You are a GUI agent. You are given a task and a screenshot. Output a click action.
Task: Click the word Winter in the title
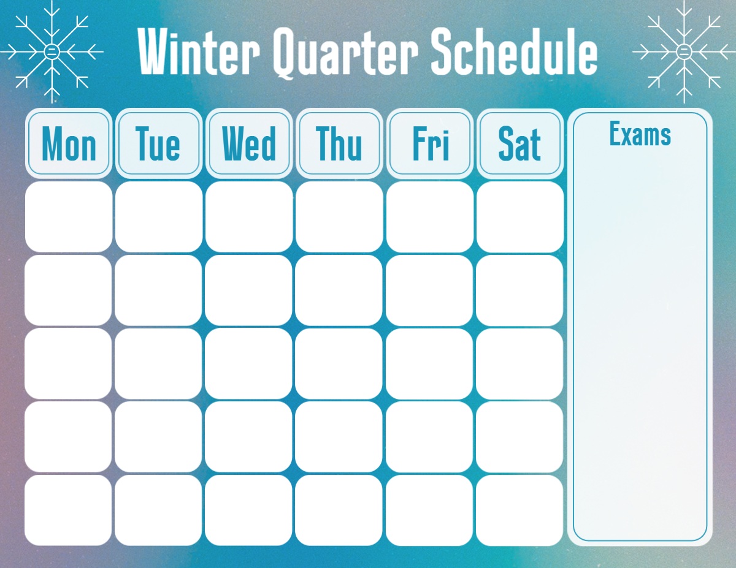tap(199, 51)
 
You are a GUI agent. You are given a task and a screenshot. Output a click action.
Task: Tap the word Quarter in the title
tap(345, 53)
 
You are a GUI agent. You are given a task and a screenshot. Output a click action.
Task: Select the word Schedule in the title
tap(514, 51)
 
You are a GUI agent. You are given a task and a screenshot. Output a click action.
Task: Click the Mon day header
tap(69, 143)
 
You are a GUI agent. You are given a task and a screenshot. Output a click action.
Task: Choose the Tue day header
tap(159, 143)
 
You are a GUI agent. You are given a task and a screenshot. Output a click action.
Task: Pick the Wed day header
tap(249, 143)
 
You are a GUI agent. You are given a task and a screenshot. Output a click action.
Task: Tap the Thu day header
tap(339, 143)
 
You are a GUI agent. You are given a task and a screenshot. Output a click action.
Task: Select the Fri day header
tap(430, 143)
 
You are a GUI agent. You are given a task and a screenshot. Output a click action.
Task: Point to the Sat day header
tap(520, 143)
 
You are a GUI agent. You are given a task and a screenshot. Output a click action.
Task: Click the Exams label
tap(640, 134)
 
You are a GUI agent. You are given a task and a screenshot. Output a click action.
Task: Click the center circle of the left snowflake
tap(52, 51)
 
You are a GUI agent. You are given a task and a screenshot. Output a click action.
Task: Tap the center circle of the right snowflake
tap(684, 51)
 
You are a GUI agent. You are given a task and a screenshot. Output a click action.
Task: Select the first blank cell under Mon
tap(69, 217)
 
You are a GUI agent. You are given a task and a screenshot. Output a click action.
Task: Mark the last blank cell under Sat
tap(519, 510)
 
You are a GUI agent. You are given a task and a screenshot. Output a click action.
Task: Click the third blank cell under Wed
tap(248, 364)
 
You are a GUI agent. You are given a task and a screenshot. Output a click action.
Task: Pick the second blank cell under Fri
tap(429, 290)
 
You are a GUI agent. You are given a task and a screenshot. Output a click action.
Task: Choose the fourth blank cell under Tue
tap(158, 437)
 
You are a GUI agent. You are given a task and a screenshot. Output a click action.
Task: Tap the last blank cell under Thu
tap(339, 510)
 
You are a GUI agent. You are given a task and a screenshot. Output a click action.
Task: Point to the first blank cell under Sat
tap(520, 217)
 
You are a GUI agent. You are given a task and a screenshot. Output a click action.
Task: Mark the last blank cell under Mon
tap(68, 510)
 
